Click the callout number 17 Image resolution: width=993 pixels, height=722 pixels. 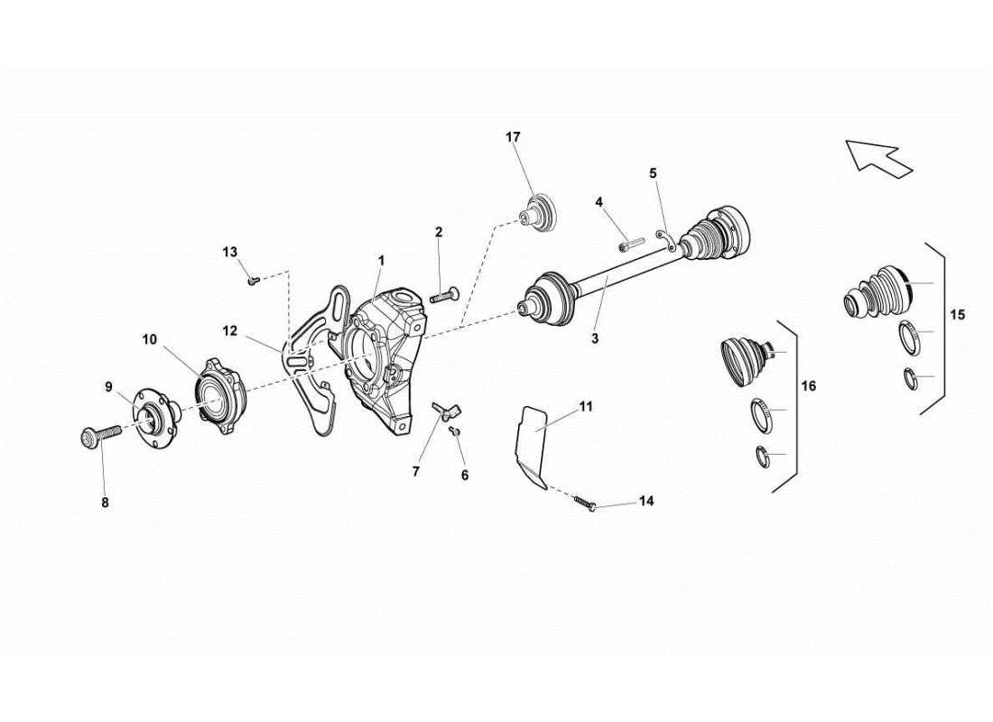coord(513,137)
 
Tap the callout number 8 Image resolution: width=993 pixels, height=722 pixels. coord(105,504)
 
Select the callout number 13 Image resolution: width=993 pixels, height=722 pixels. coord(229,251)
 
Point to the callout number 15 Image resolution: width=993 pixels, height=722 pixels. coord(958,315)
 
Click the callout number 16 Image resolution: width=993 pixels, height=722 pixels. coord(808,386)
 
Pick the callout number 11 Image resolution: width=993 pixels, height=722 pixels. coord(586,407)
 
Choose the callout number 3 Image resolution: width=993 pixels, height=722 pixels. coord(595,339)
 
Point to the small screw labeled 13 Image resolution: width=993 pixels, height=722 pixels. coord(253,281)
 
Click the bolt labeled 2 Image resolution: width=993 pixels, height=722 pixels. coord(446,294)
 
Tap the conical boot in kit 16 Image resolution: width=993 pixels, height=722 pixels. coord(746,360)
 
